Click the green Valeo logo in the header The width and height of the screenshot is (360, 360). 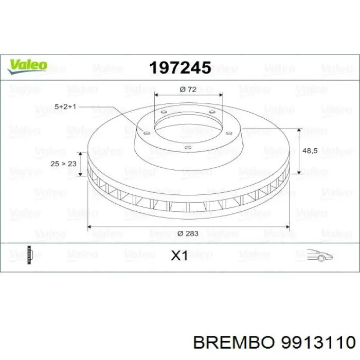click(x=27, y=65)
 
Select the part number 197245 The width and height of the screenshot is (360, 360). click(x=179, y=67)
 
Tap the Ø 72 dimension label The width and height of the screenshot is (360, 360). click(x=188, y=89)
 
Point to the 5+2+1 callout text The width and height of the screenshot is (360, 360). click(x=65, y=106)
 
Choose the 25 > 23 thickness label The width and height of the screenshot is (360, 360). click(x=64, y=164)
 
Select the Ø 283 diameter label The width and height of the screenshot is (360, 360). click(x=188, y=233)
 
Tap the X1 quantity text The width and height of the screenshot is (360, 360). click(x=179, y=256)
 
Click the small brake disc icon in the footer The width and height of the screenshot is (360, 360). click(x=31, y=254)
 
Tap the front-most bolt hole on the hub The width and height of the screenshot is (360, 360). click(x=187, y=149)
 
